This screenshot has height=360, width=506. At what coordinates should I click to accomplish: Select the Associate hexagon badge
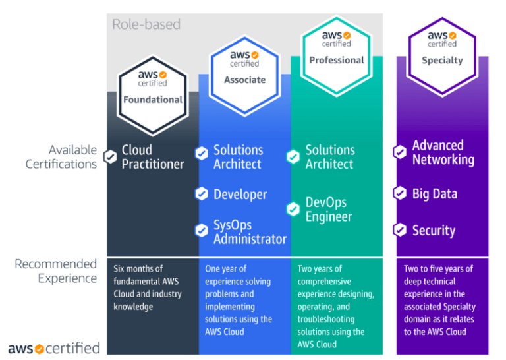244,69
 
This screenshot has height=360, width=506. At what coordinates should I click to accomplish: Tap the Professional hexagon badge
337,48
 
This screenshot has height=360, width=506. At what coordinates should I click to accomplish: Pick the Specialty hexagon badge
442,48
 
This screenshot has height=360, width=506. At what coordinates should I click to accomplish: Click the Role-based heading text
146,25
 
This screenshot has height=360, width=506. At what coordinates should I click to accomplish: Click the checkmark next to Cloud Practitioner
110,157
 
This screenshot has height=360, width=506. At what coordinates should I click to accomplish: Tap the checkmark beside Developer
202,194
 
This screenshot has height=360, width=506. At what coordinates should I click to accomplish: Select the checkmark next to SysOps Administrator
202,231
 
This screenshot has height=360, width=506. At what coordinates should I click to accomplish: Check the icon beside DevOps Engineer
293,209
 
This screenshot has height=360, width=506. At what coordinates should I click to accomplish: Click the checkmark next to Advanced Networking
400,152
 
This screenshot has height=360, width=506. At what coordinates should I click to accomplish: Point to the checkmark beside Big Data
400,193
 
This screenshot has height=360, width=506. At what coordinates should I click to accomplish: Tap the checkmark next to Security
400,230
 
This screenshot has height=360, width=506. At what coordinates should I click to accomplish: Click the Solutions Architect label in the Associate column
238,157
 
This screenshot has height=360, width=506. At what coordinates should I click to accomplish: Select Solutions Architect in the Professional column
330,157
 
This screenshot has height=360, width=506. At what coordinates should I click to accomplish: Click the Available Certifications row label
61,157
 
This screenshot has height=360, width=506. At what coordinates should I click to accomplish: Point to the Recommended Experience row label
55,271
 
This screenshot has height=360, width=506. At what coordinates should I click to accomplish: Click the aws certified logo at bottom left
54,347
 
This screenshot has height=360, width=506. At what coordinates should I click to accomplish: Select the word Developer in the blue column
240,195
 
